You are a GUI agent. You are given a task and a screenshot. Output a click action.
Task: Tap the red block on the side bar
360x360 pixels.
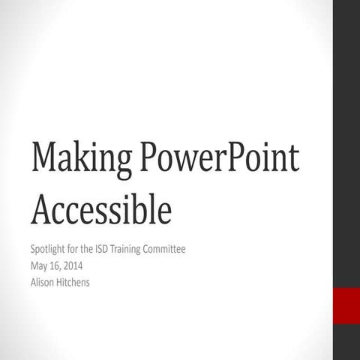[x=346, y=305]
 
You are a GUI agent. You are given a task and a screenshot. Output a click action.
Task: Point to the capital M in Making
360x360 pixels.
[x=43, y=160]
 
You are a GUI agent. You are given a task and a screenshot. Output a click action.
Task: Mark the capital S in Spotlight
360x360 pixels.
[x=33, y=249]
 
